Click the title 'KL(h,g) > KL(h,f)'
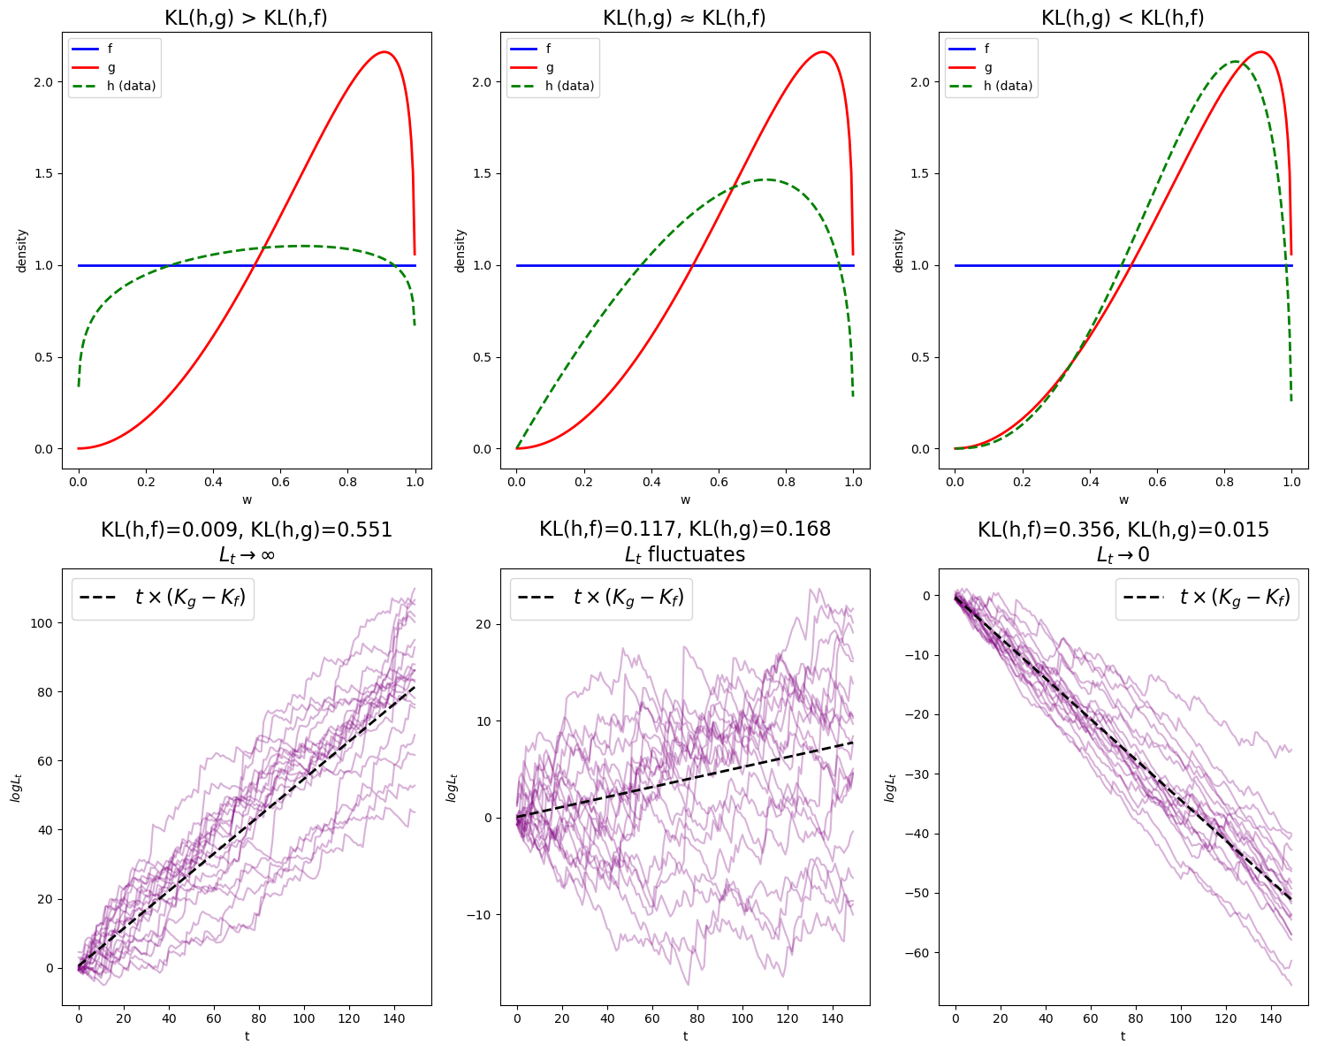point(246,18)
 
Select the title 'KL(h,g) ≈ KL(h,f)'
point(684,18)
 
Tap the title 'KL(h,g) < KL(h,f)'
point(1123,18)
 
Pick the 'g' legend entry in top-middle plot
point(550,67)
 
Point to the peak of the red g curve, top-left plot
point(384,52)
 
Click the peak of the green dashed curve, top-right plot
point(1234,62)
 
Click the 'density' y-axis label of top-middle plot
point(460,250)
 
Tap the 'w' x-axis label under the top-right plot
point(1123,499)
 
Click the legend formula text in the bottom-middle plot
point(628,598)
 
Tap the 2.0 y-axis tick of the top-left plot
point(44,81)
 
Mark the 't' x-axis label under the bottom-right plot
point(1123,1035)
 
